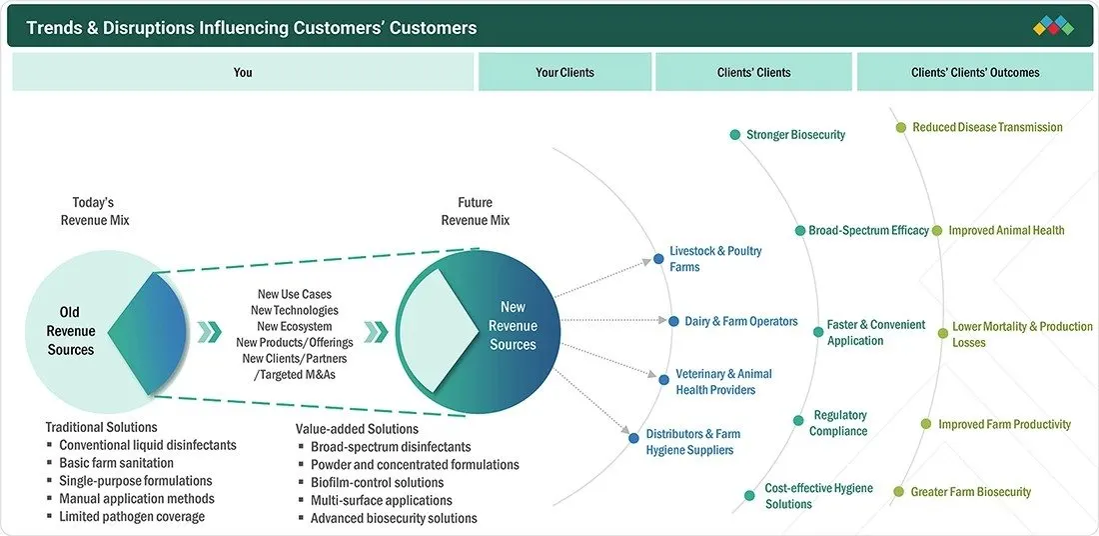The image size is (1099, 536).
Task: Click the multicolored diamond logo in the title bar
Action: tap(1053, 26)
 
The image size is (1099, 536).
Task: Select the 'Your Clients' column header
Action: tap(564, 72)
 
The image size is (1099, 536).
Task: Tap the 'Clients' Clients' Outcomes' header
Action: tap(975, 72)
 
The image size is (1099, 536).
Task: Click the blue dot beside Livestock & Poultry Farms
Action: tap(658, 259)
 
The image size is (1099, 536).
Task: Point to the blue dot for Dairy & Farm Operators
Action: tap(673, 321)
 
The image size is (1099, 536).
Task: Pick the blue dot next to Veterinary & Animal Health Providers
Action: tap(663, 380)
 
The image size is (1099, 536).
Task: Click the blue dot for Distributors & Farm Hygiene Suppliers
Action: tap(633, 438)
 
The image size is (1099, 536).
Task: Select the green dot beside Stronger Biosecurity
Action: tap(734, 135)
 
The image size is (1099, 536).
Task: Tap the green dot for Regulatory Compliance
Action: tap(798, 420)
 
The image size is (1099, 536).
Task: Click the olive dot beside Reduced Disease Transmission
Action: tap(901, 128)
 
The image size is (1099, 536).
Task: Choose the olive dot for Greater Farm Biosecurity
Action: tap(899, 492)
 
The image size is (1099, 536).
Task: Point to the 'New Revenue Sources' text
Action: tap(514, 326)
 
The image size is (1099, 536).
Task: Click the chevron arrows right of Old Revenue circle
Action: tap(209, 332)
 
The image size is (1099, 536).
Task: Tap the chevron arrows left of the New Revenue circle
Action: tap(376, 332)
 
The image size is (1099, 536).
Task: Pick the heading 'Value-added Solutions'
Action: tap(357, 429)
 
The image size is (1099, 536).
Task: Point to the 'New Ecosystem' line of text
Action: tap(295, 326)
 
